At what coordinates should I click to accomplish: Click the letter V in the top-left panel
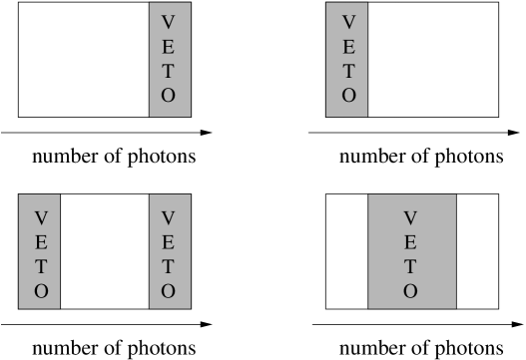click(x=168, y=22)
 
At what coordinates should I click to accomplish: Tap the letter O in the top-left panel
click(x=168, y=97)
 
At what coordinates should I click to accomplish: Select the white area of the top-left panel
click(x=84, y=60)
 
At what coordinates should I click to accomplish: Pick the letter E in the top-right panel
click(x=348, y=47)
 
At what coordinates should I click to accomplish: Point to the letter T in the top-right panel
click(x=348, y=72)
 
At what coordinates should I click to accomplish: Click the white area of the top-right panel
click(x=432, y=60)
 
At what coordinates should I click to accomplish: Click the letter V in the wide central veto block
click(x=410, y=216)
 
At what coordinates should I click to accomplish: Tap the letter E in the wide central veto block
click(x=410, y=241)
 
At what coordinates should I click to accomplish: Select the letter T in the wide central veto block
click(x=410, y=266)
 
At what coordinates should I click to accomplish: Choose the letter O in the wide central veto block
click(x=410, y=291)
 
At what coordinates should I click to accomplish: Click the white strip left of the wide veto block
click(x=347, y=251)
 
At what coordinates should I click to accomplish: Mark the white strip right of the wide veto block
click(x=477, y=251)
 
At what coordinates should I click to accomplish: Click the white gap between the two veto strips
click(x=105, y=251)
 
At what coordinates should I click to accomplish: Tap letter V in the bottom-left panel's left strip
click(x=40, y=216)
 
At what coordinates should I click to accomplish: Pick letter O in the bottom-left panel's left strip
click(x=40, y=291)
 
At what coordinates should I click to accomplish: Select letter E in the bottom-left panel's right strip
click(x=168, y=241)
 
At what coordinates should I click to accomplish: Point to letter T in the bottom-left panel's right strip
click(x=168, y=266)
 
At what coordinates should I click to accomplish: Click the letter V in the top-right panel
click(x=348, y=22)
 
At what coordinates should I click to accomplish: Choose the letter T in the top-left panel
click(x=168, y=72)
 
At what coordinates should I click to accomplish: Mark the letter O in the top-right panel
click(x=348, y=97)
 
